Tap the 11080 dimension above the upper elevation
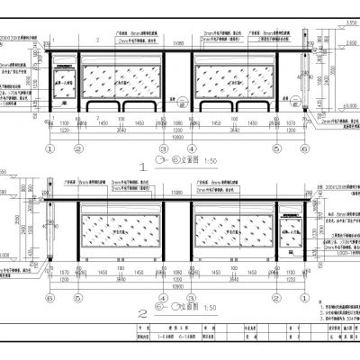pyautogui.click(x=178, y=42)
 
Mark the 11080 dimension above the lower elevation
pyautogui.click(x=178, y=191)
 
